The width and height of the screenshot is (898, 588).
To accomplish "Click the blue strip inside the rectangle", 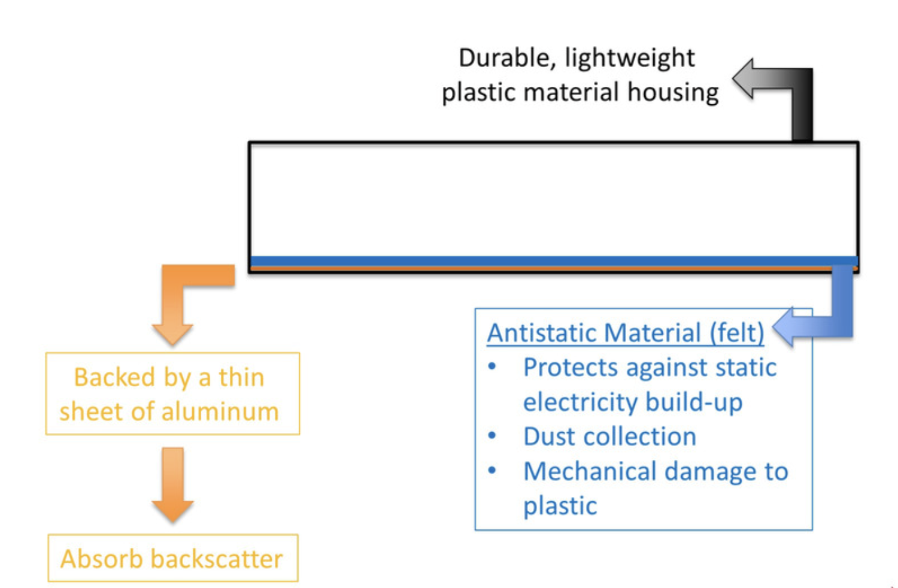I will click(539, 261).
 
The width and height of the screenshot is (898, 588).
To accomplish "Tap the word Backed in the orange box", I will click(114, 378).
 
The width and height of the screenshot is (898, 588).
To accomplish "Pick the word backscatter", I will click(217, 559).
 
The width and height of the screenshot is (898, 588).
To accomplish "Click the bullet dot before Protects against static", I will click(492, 367).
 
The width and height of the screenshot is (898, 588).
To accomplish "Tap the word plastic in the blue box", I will click(560, 507).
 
